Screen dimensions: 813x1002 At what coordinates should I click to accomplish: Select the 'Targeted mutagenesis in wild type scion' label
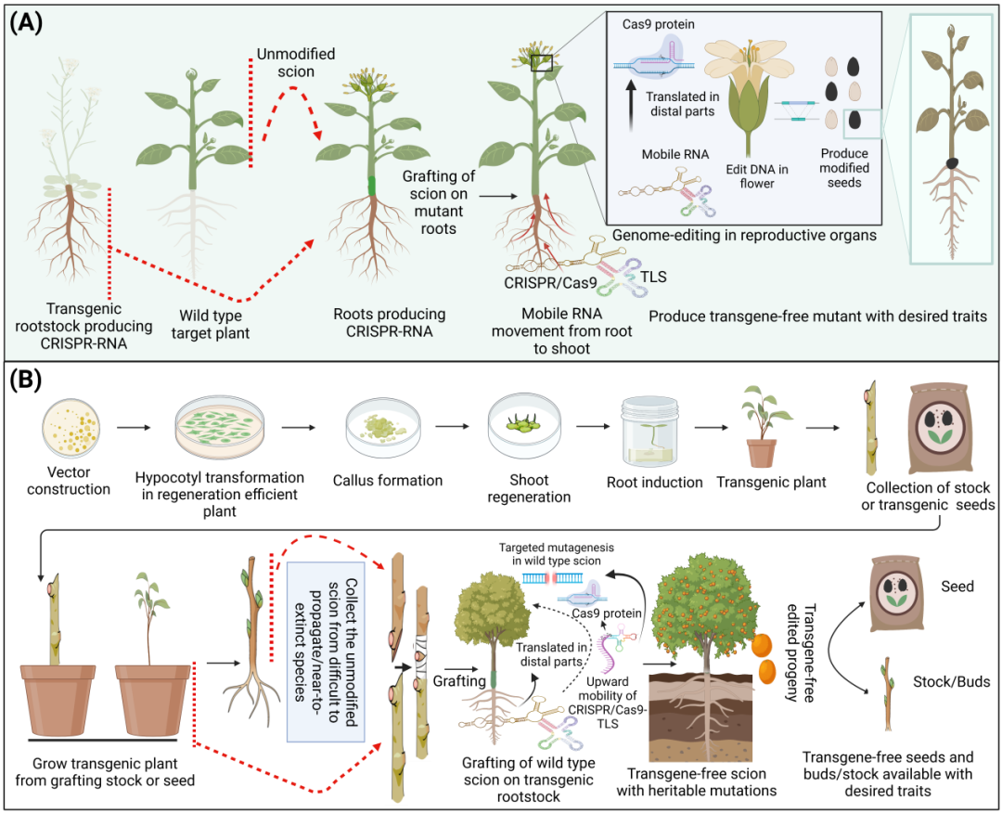point(556,553)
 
